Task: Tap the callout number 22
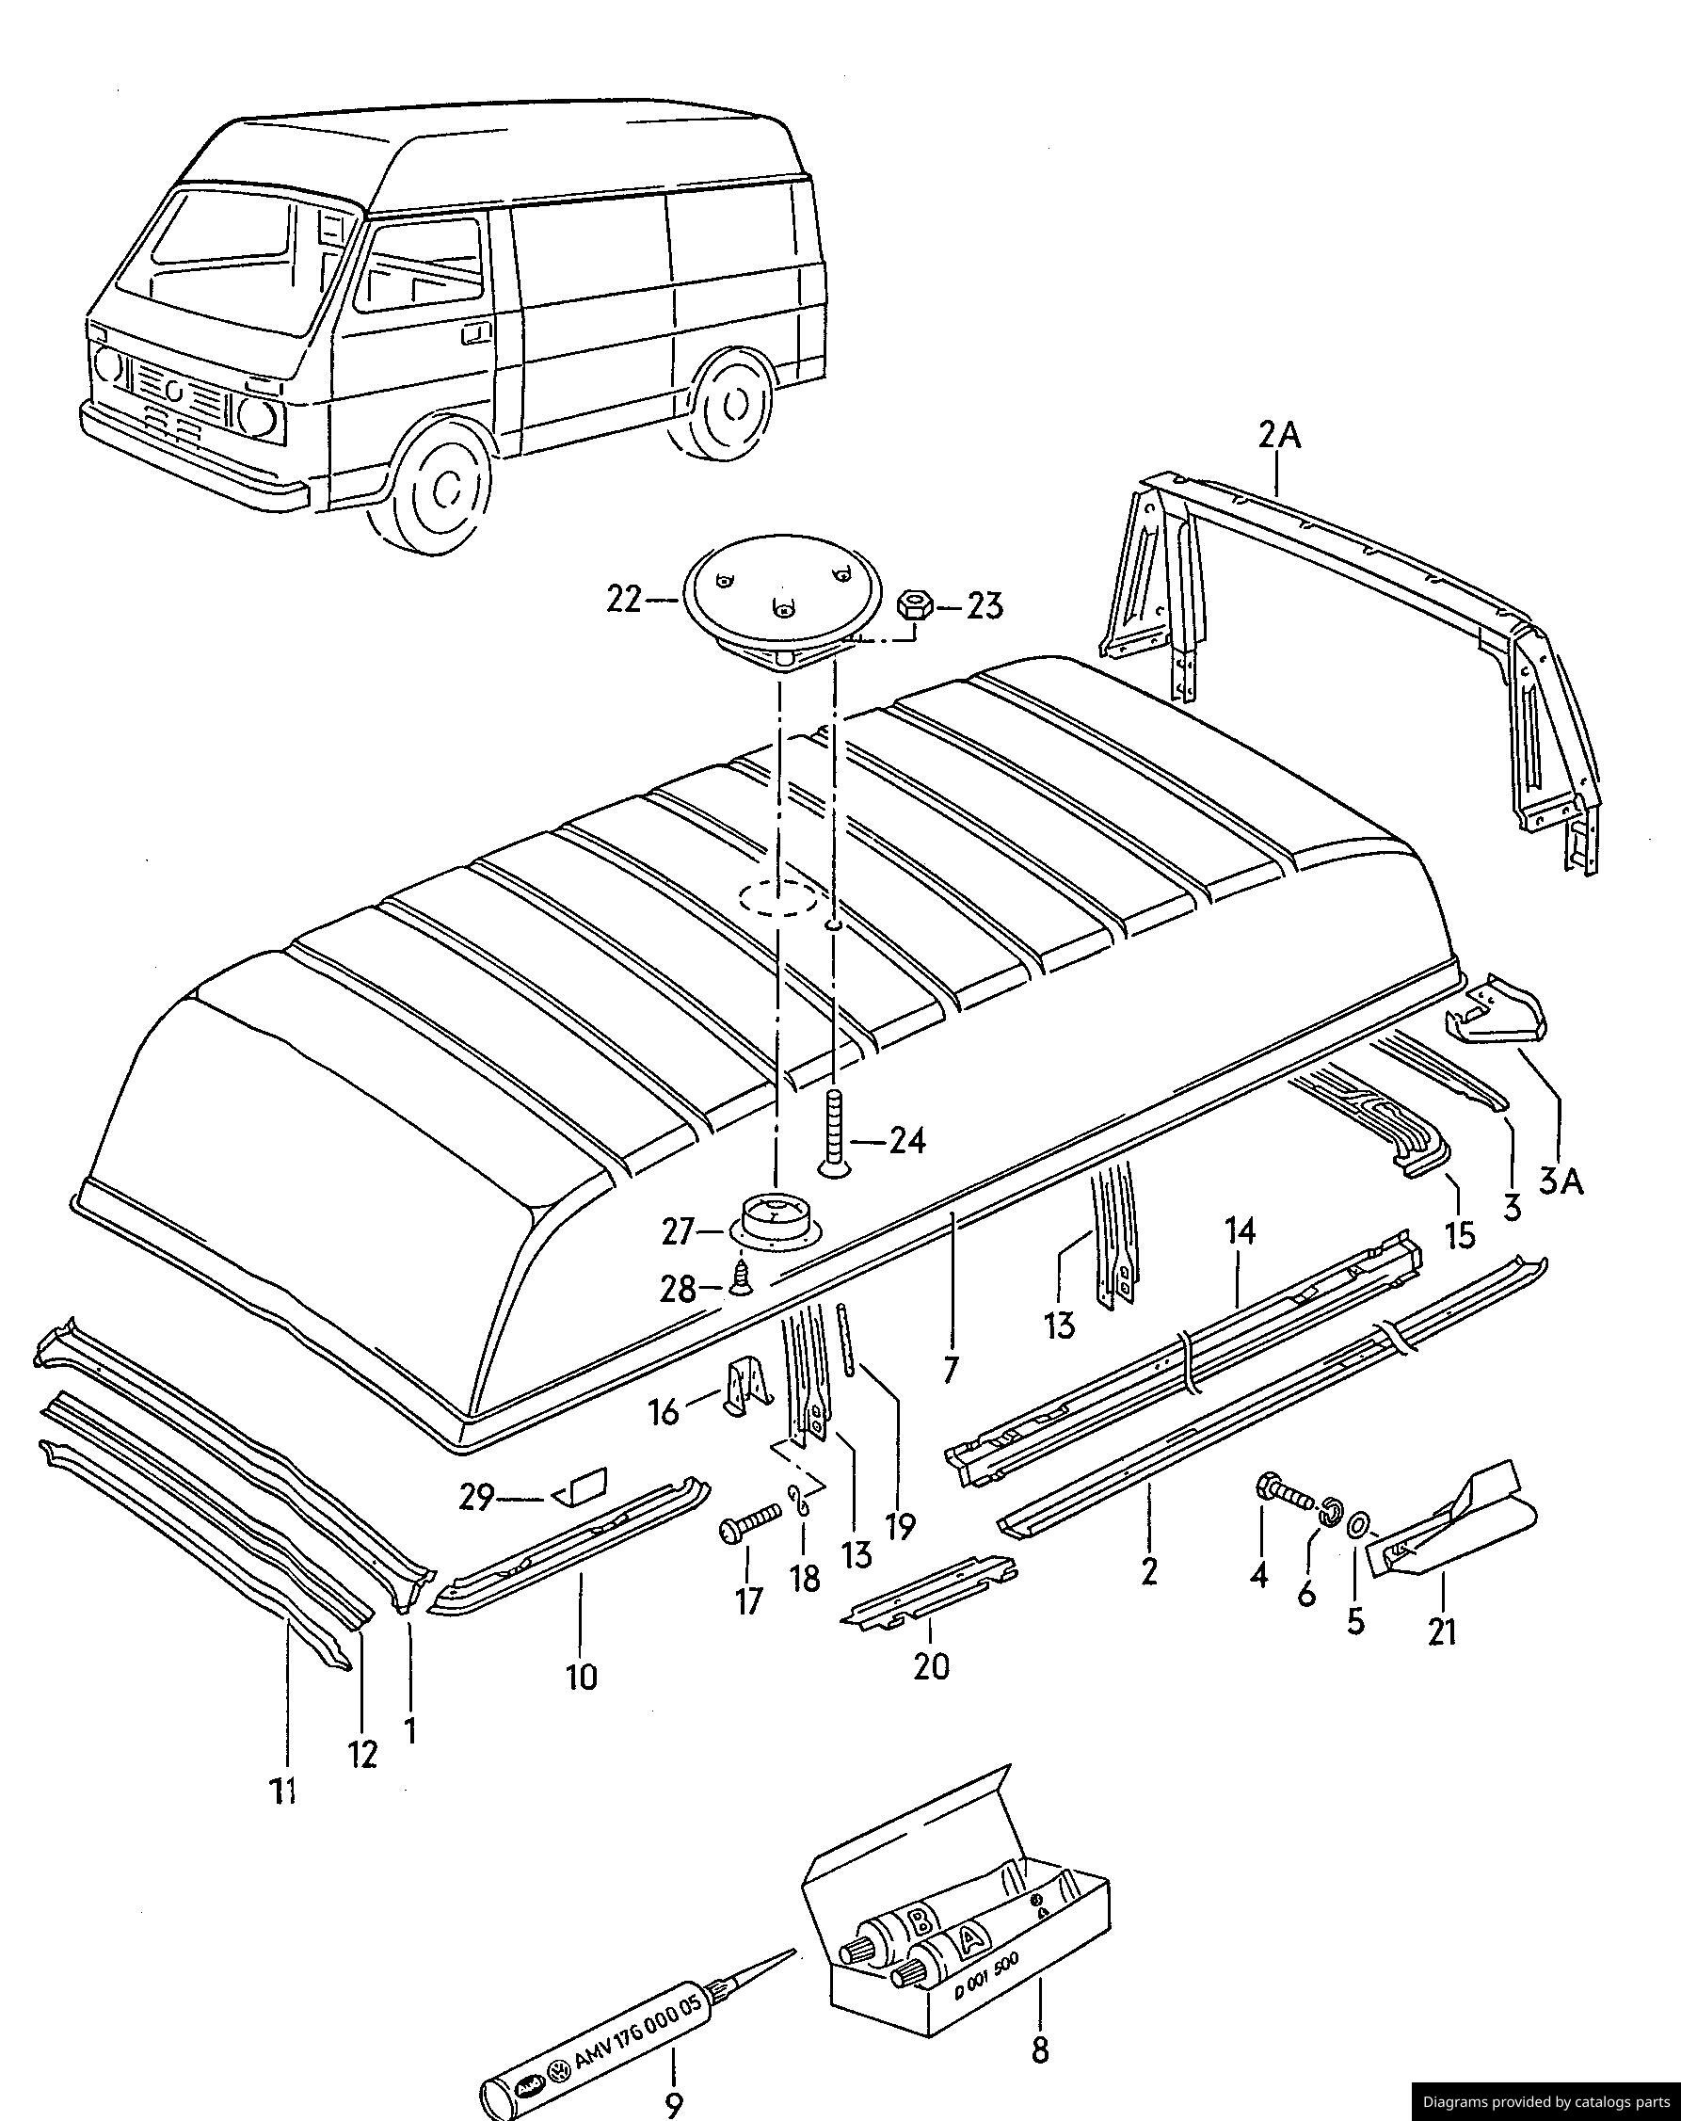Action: [x=625, y=599]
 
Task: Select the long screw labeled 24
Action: [x=833, y=1132]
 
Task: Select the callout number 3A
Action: [x=1561, y=1180]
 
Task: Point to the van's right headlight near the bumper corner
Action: [x=257, y=417]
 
